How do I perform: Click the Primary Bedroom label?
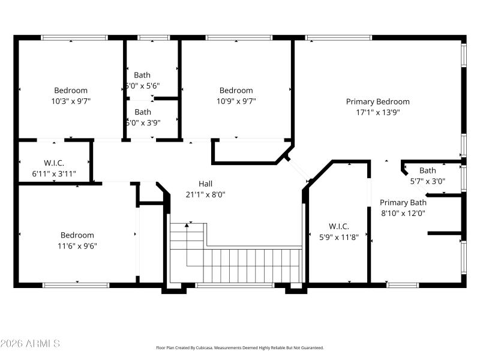(377, 101)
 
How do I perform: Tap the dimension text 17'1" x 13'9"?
(377, 112)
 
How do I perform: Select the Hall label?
(205, 184)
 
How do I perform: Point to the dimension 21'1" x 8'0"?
(205, 194)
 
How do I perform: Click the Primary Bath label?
(403, 202)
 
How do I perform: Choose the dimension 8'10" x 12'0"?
(403, 212)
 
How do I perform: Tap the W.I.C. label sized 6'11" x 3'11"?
(54, 163)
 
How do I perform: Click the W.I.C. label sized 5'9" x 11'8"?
(338, 226)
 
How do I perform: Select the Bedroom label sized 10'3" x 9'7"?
(71, 91)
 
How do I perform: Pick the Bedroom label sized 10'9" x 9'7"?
(236, 91)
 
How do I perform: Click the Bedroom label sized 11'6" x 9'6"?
(77, 235)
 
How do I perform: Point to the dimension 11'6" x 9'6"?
(77, 245)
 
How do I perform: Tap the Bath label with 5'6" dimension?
(142, 75)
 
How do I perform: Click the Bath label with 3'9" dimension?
(143, 112)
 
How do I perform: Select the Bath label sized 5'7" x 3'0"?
(427, 170)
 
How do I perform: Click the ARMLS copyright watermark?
(30, 344)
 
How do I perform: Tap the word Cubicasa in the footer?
(207, 347)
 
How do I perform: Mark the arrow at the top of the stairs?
(190, 224)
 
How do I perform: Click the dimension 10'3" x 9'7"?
(71, 101)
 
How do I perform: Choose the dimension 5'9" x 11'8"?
(338, 236)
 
